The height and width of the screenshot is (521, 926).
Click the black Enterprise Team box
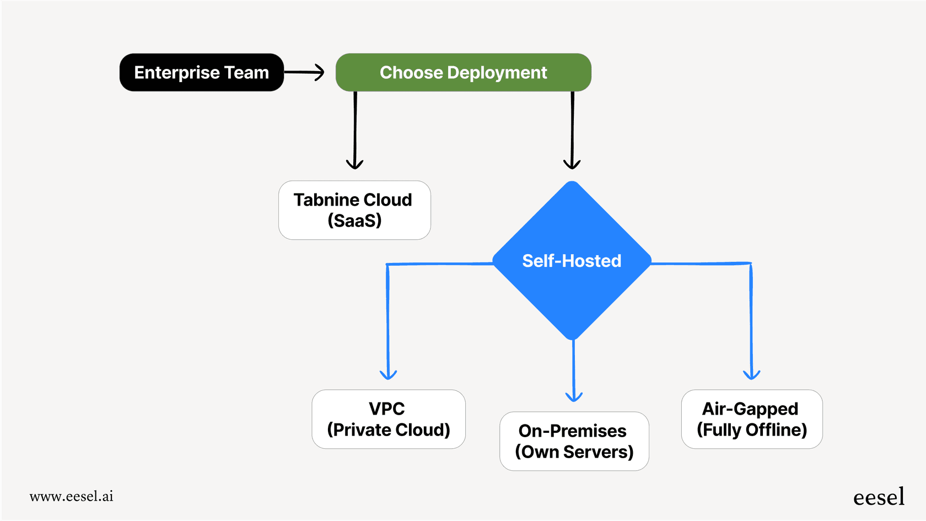[201, 72]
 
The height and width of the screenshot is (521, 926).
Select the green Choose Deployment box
[463, 72]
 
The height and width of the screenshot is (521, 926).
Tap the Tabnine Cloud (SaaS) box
[354, 210]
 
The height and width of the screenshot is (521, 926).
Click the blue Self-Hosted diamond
[572, 261]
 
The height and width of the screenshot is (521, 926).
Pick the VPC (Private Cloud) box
[388, 419]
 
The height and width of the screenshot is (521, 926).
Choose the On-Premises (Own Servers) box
[574, 441]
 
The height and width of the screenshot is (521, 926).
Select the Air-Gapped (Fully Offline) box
[751, 419]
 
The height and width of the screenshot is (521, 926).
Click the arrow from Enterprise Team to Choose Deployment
[304, 72]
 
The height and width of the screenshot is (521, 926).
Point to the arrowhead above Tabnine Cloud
[354, 164]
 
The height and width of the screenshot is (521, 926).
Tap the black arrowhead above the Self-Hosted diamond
[572, 164]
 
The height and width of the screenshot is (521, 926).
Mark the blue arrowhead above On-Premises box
[574, 396]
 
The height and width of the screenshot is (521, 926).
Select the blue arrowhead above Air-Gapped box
[751, 374]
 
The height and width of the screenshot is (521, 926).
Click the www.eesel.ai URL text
[72, 496]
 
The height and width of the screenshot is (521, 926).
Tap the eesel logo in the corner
[879, 497]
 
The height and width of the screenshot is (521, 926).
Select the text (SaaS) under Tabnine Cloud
[354, 221]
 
